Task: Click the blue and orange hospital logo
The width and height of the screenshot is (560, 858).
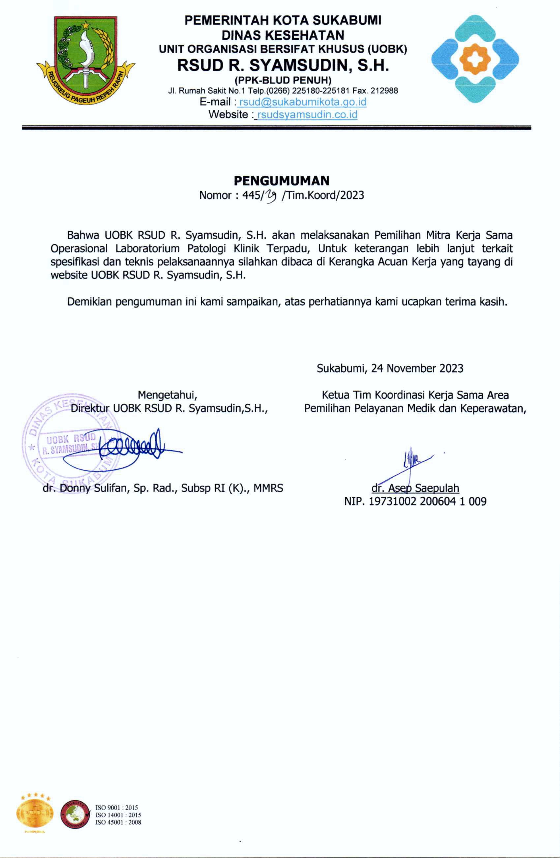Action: (475, 59)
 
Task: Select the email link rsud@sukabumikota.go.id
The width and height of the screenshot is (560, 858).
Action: (303, 102)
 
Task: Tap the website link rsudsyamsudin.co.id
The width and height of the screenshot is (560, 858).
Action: (307, 115)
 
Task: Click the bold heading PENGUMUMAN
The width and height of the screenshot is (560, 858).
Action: (281, 180)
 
